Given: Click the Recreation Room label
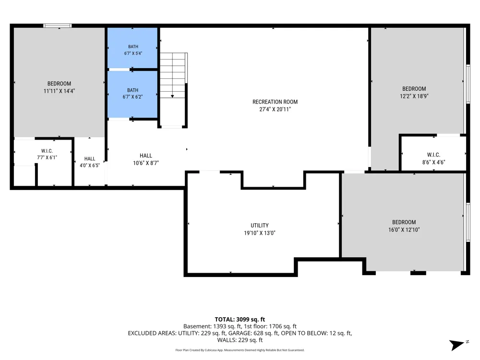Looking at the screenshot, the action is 275,102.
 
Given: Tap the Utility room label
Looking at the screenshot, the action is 260,226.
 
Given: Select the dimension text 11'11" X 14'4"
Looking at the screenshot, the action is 59,91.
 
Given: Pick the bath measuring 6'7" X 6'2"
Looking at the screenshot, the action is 132,94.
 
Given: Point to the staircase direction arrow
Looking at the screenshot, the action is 172,96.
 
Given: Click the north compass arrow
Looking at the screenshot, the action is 457,345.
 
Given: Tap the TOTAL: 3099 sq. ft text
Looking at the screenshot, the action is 240,319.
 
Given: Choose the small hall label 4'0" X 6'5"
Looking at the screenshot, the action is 90,162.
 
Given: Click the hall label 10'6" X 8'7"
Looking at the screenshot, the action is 146,159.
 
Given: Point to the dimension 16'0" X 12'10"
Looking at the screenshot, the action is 404,230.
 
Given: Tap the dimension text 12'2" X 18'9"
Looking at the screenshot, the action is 414,96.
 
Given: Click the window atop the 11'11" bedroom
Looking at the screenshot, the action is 58,26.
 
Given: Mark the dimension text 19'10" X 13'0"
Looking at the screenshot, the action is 260,233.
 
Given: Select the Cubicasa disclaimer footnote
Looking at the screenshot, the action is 240,350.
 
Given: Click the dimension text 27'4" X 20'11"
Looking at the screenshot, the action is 275,109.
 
